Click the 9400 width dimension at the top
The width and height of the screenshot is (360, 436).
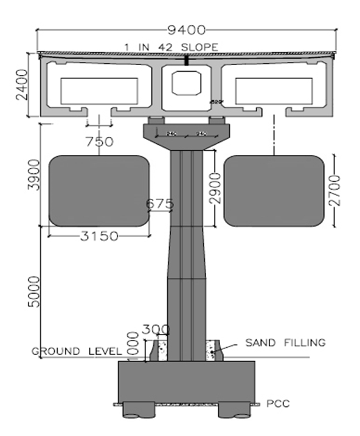pos(189,29)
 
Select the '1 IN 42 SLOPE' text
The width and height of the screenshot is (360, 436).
pos(171,46)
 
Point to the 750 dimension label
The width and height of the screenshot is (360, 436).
pos(100,142)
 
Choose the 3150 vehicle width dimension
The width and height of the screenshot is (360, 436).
pos(99,237)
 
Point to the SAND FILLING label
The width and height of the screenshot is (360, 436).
pos(285,342)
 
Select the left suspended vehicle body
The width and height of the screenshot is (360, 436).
pos(99,190)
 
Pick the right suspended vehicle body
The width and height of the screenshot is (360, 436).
pos(273,190)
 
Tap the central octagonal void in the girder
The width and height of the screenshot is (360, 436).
pos(185,83)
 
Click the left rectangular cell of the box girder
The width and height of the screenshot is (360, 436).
pos(99,90)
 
